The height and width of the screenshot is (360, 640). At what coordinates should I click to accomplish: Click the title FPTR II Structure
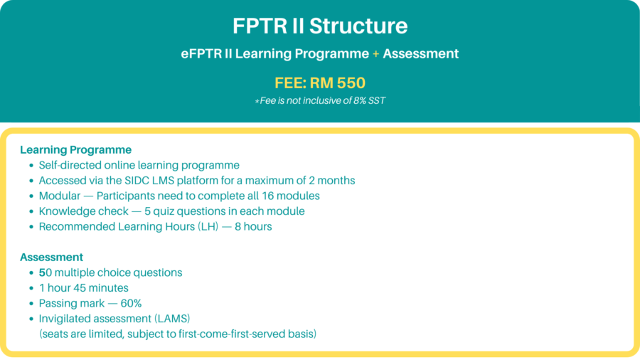click(x=320, y=26)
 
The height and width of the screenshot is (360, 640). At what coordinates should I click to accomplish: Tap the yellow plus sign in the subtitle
click(x=375, y=54)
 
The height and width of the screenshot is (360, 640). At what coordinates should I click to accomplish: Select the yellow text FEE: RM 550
click(x=320, y=83)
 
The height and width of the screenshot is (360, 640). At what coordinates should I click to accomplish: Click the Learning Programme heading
click(x=76, y=150)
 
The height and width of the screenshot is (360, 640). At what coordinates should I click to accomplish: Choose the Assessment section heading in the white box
click(x=51, y=257)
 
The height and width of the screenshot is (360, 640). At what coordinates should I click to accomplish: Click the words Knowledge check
click(x=84, y=211)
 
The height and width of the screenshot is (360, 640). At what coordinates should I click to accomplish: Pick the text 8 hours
click(x=253, y=226)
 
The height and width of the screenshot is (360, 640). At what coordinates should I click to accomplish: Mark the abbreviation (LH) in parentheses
click(x=208, y=226)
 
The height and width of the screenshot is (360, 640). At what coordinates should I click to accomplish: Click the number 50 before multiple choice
click(x=46, y=272)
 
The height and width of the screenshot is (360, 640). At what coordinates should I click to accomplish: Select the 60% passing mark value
click(x=131, y=303)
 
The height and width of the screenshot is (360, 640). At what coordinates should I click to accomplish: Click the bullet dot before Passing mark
click(x=31, y=304)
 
